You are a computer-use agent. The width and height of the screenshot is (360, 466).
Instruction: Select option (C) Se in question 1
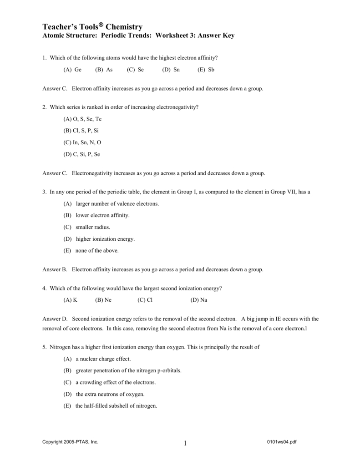pos(135,70)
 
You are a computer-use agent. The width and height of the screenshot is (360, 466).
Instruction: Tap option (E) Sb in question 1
pos(206,70)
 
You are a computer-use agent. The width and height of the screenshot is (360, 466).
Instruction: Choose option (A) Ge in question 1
pos(72,70)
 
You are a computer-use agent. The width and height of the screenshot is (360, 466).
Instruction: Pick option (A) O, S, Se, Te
pos(82,119)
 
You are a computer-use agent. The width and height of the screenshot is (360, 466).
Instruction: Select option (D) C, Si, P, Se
pos(81,154)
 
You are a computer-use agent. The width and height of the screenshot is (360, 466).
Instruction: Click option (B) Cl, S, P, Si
pos(81,131)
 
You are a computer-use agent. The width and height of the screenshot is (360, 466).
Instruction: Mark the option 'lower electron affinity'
pos(102,215)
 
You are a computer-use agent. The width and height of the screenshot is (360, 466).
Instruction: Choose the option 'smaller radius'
pos(93,227)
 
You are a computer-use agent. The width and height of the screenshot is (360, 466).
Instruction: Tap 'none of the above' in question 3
pos(97,251)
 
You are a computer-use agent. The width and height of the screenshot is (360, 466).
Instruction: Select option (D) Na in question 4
pos(199,300)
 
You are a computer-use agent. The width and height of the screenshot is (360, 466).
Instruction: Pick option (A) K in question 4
pos(71,300)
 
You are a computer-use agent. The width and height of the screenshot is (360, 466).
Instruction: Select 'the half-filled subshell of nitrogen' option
pos(116,406)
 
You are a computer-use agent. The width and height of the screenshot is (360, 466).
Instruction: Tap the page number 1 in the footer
pos(186,444)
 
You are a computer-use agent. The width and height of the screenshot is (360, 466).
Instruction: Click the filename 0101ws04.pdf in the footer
pos(283,442)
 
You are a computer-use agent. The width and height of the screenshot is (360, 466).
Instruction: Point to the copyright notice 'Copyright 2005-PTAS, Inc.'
pos(70,442)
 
